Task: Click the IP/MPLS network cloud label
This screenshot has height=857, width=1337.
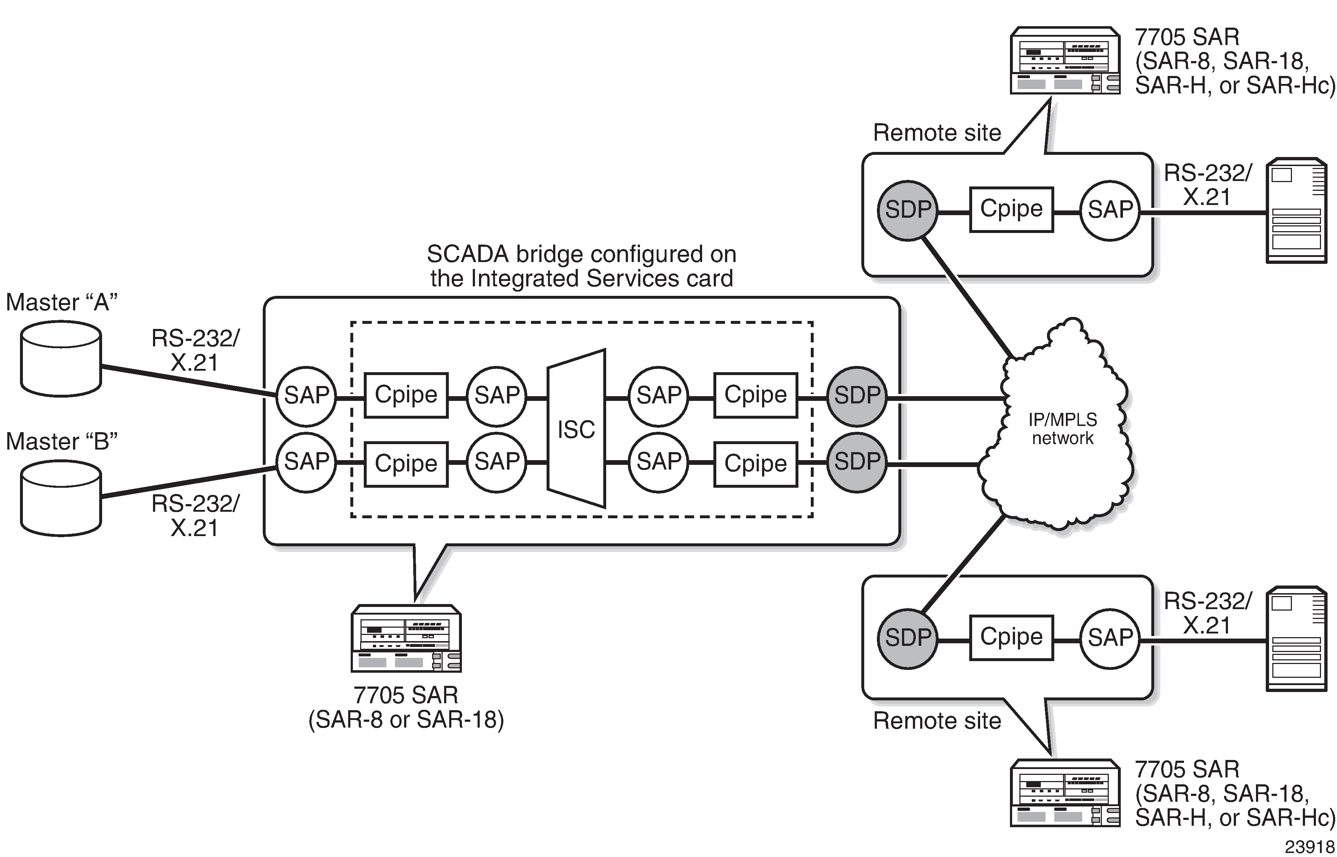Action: [1062, 429]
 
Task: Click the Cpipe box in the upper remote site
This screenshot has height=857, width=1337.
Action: [1011, 209]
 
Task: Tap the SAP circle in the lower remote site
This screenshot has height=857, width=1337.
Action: [1110, 638]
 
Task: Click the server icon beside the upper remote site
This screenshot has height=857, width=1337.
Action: [1296, 210]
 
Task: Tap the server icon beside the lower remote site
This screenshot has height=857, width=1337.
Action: [1296, 639]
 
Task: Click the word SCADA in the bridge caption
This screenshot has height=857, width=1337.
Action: [467, 254]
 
